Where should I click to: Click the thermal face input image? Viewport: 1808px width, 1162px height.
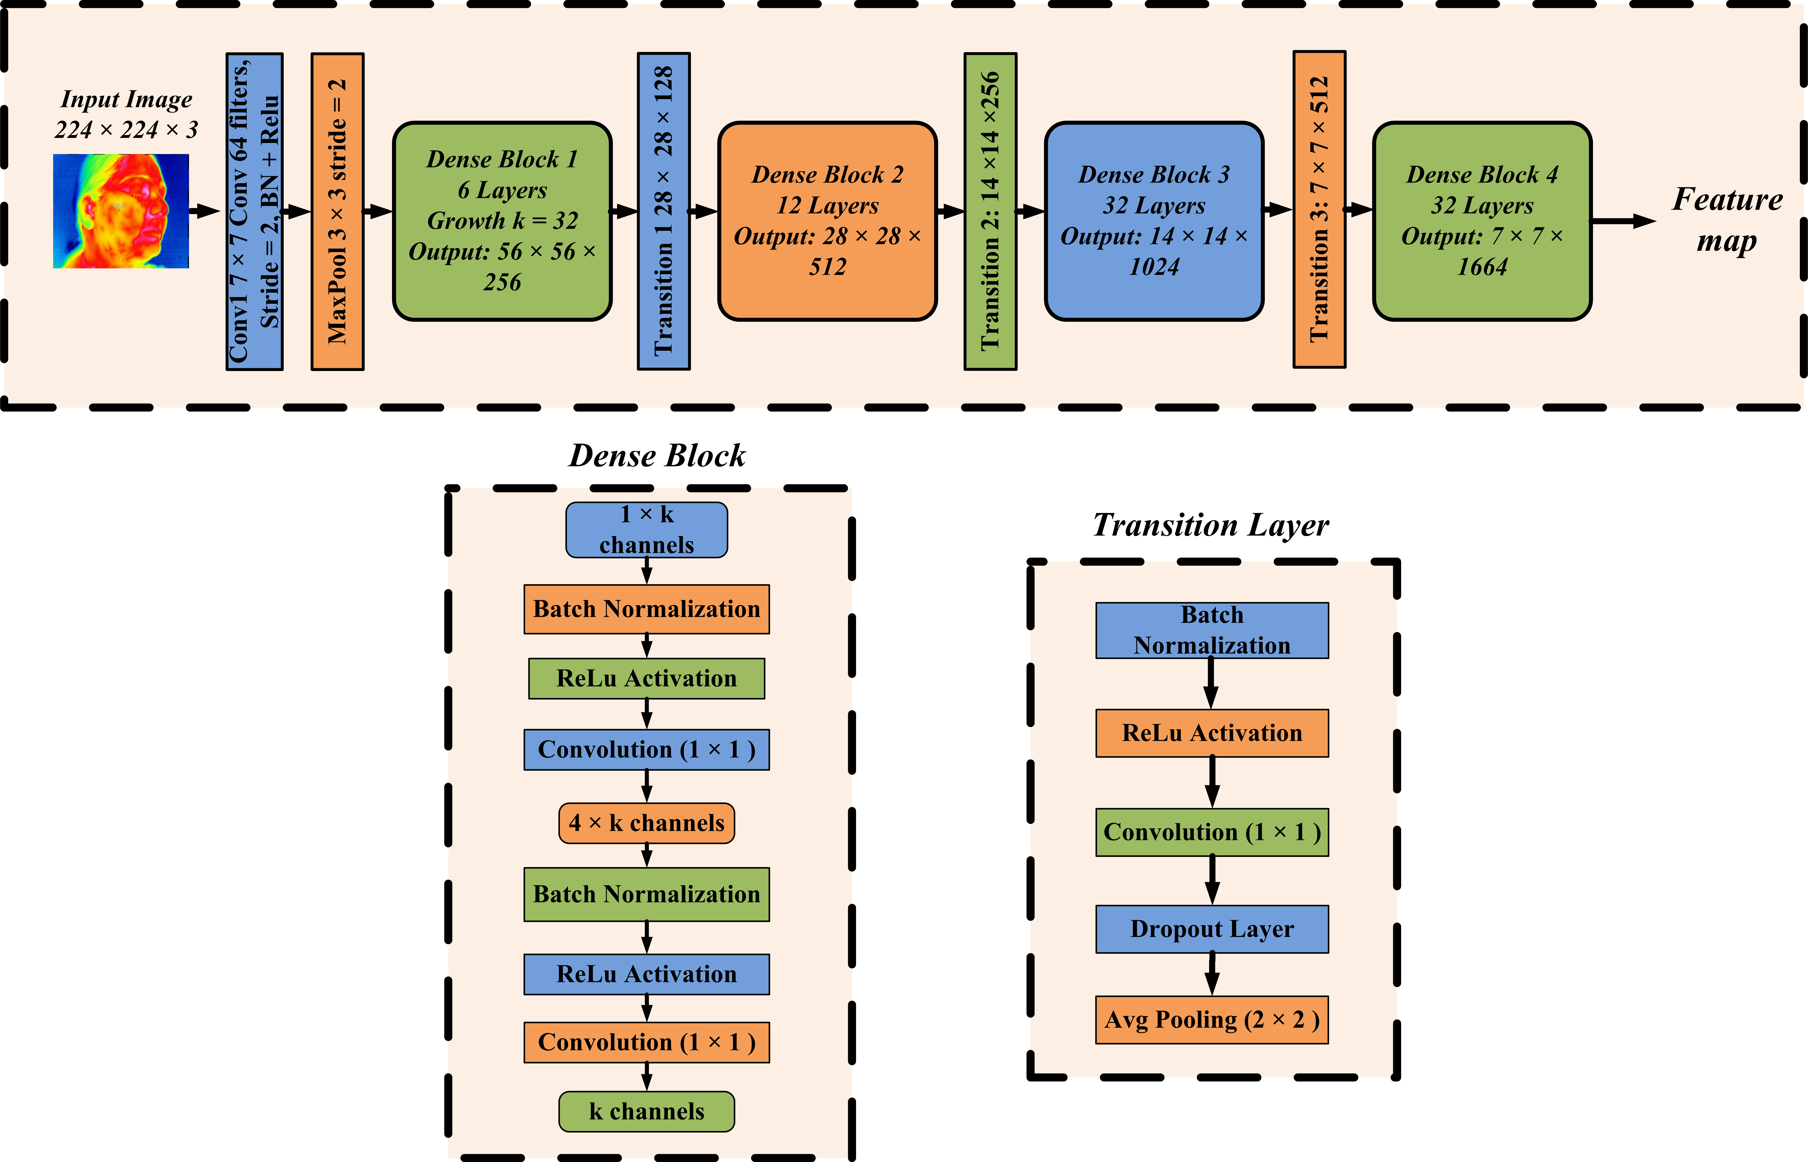tap(121, 211)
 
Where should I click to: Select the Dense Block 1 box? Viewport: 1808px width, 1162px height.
tap(502, 221)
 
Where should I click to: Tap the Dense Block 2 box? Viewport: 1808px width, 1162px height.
tap(827, 221)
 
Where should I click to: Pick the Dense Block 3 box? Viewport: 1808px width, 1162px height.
tap(1153, 221)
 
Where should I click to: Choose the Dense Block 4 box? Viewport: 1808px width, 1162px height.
tap(1482, 221)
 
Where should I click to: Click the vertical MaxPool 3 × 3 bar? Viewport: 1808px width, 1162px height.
tap(337, 211)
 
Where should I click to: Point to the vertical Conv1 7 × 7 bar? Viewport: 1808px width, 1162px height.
tap(254, 211)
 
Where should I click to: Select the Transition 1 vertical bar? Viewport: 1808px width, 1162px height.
tap(664, 211)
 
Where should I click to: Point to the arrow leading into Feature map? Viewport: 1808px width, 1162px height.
tap(1623, 221)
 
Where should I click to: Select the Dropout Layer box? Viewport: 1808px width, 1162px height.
tap(1212, 929)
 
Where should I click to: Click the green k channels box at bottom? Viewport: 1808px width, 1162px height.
tap(646, 1112)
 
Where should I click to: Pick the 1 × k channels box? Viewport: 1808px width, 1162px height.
tap(646, 530)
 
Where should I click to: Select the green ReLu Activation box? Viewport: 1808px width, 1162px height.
tap(646, 678)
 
